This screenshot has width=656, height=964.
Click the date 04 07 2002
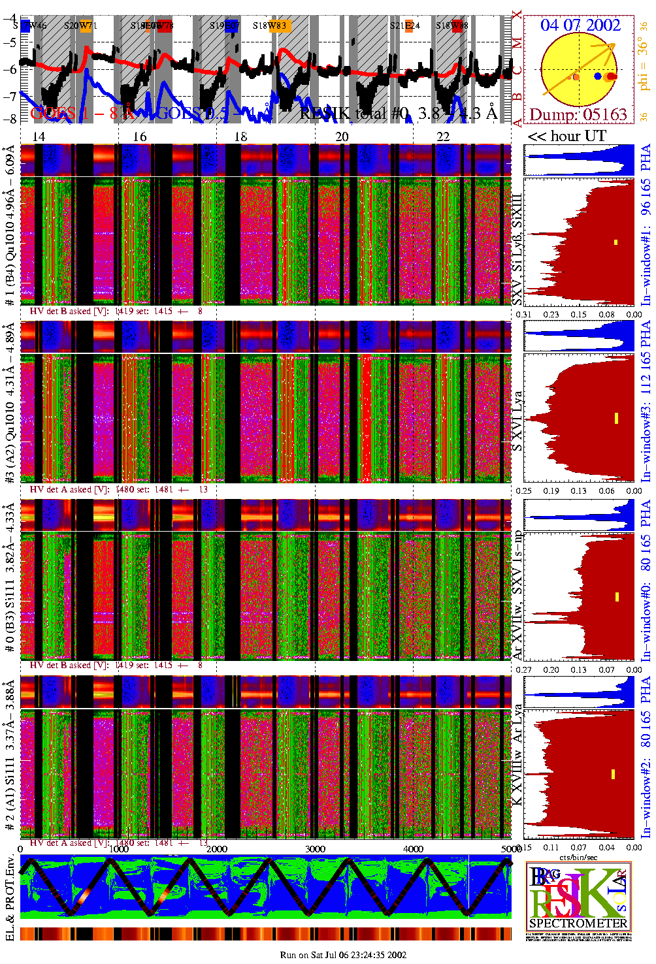tap(580, 25)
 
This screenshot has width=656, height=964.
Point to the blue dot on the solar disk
tap(598, 76)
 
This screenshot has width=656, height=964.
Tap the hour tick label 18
tap(240, 137)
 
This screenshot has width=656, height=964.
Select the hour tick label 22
tap(443, 137)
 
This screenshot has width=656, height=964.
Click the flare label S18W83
tap(270, 26)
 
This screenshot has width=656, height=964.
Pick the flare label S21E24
tap(405, 26)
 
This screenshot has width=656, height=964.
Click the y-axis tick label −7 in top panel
tap(10, 97)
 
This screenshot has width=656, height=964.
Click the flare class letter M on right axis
tap(517, 44)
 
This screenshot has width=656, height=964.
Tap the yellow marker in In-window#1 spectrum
tap(615, 242)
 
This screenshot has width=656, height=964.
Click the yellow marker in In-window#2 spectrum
tap(614, 774)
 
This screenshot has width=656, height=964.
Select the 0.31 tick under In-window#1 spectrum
tap(524, 314)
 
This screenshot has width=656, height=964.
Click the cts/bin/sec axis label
tap(578, 856)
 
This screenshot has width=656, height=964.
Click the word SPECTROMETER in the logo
tap(578, 924)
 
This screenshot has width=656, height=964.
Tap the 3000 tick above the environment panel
tap(315, 848)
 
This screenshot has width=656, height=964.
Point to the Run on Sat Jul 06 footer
tap(343, 955)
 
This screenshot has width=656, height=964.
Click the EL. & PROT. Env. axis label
tap(10, 898)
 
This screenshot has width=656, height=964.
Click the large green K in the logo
tap(604, 893)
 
